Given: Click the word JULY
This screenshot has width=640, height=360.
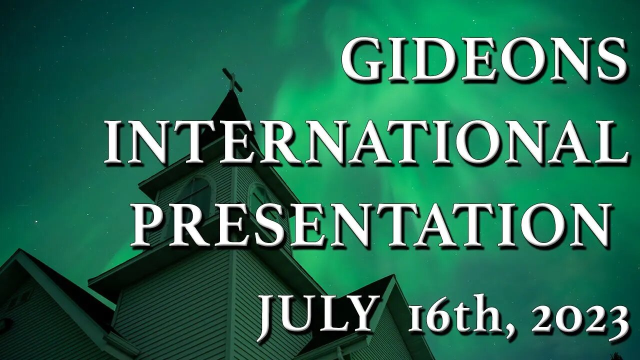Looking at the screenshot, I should [316, 313].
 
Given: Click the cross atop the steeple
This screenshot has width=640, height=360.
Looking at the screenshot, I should [232, 80].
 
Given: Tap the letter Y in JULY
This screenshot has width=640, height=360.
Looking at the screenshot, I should [361, 313].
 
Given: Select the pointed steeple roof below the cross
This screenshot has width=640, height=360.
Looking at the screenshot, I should [230, 115].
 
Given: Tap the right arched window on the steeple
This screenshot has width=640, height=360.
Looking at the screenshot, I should [257, 197].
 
